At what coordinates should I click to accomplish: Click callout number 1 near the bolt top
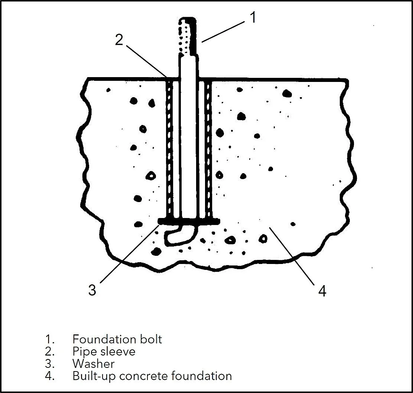click(x=252, y=17)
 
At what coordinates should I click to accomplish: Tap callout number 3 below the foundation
click(x=92, y=290)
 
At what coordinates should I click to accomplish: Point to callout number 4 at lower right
click(x=322, y=291)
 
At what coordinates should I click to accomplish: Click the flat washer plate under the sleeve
click(x=189, y=221)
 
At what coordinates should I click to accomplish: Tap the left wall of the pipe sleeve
click(x=169, y=148)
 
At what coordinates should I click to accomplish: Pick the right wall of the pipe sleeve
click(x=208, y=148)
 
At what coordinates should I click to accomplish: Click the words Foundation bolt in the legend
click(x=117, y=339)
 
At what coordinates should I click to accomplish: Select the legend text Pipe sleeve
click(x=104, y=351)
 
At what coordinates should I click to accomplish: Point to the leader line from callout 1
click(x=223, y=31)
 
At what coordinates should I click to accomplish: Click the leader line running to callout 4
click(x=293, y=256)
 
